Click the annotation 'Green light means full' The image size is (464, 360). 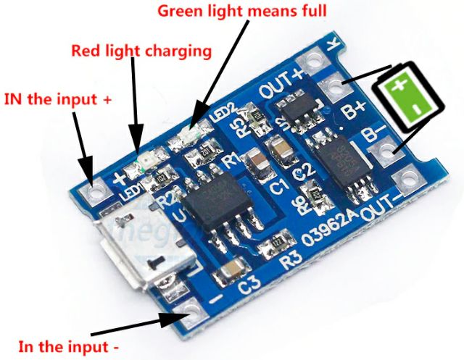click(241, 12)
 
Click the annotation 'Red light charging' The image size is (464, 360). click(141, 51)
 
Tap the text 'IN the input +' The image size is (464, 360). click(58, 99)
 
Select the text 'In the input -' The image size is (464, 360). click(68, 346)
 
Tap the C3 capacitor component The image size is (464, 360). click(233, 272)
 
